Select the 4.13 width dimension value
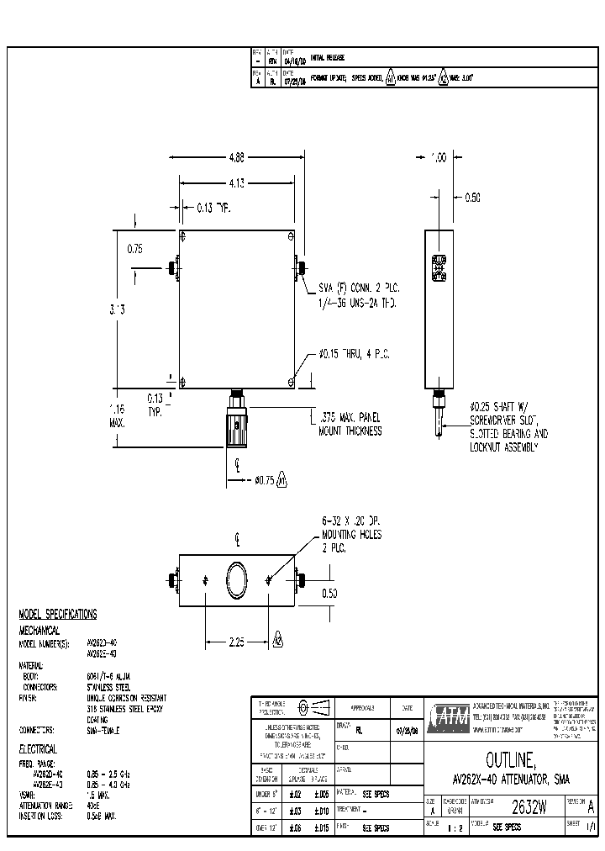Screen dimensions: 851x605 coord(237,182)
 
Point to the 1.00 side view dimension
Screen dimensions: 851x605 coord(438,157)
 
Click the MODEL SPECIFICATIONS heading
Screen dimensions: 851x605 coord(57,615)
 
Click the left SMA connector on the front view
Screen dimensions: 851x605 coord(173,269)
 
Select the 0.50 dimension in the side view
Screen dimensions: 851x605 coord(472,198)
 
